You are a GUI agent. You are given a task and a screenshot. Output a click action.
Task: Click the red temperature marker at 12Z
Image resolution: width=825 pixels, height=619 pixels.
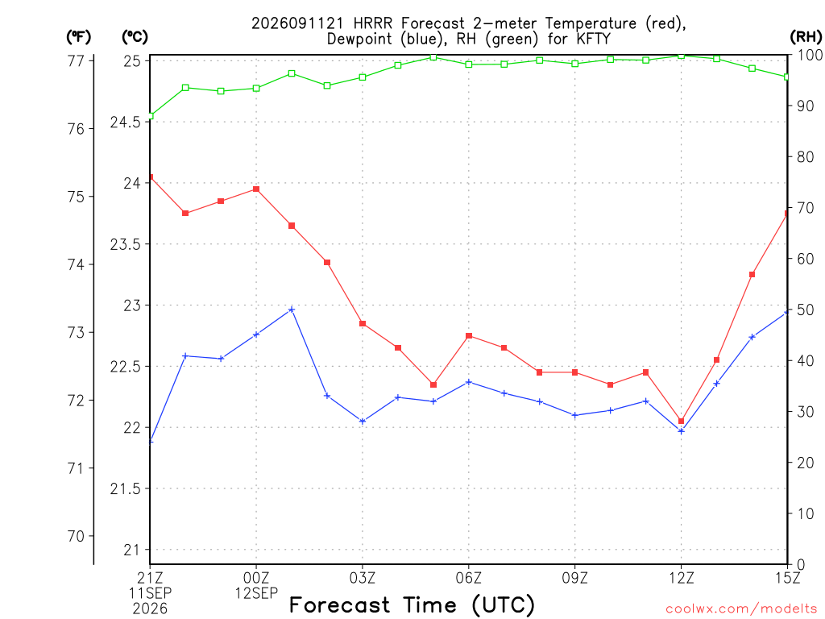(x=682, y=421)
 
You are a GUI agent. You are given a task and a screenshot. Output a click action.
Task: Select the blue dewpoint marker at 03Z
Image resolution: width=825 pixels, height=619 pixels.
(x=363, y=421)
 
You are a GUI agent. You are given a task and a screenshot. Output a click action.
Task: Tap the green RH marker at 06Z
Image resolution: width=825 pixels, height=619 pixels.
(x=469, y=64)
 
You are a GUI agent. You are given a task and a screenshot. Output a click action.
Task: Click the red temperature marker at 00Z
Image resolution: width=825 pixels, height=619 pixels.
(x=256, y=189)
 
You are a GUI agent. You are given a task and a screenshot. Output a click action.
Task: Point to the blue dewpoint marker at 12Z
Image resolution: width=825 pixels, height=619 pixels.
(x=682, y=431)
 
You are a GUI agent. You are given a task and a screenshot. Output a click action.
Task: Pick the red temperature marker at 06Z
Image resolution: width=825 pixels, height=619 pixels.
(x=469, y=336)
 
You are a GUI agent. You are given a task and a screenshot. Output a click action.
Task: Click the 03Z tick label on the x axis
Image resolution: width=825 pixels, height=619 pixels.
(x=363, y=578)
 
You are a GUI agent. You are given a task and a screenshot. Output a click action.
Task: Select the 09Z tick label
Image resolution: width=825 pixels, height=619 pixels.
(x=575, y=578)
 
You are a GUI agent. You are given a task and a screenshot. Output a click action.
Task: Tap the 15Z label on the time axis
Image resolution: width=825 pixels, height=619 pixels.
(x=787, y=578)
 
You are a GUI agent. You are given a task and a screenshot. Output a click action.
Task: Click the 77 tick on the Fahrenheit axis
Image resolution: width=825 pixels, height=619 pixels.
(x=77, y=61)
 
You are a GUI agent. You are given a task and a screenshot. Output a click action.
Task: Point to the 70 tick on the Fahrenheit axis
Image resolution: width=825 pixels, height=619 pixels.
(x=77, y=536)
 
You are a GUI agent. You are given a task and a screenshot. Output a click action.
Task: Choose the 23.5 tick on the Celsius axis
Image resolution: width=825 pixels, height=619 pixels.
(x=126, y=244)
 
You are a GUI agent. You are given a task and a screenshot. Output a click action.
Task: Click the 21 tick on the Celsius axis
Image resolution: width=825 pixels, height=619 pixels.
(x=133, y=550)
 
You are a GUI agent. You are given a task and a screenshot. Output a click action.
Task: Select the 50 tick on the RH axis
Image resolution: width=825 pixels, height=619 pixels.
(x=805, y=309)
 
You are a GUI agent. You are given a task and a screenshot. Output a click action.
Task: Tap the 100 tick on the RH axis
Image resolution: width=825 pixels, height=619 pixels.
(x=809, y=55)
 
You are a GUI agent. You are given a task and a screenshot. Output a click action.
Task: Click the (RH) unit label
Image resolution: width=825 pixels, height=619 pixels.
(x=806, y=36)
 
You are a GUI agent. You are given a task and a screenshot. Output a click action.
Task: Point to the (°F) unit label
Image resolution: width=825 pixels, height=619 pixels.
(x=79, y=37)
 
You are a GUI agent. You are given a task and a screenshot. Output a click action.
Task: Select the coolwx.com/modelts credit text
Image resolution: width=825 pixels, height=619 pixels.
(x=741, y=609)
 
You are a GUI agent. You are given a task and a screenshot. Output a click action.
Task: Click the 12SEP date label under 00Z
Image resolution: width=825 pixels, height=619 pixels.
(x=256, y=594)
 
